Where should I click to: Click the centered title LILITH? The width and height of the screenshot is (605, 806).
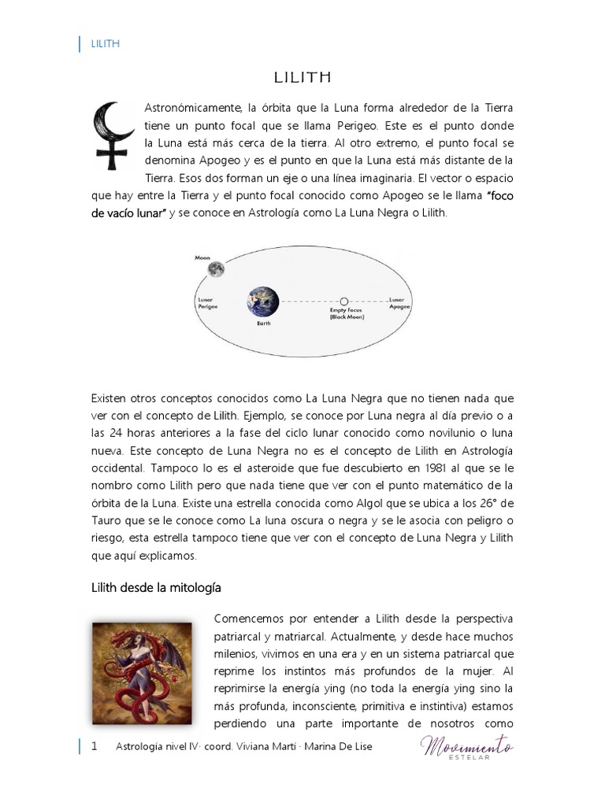[302, 77]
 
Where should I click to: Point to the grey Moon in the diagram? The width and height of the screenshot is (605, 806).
[216, 269]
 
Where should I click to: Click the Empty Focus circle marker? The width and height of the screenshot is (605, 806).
[343, 301]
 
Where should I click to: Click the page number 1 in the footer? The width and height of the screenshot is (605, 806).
[94, 746]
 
